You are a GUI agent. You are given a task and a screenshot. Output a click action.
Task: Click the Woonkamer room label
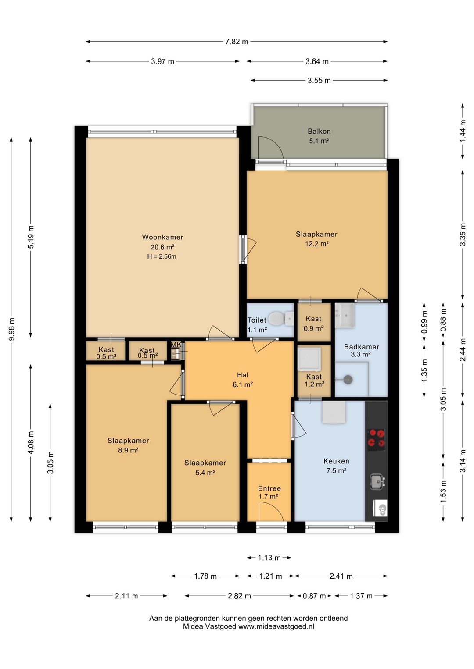[162, 237]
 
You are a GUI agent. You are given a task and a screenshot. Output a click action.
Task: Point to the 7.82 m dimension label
[237, 42]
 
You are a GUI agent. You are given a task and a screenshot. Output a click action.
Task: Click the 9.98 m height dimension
[11, 329]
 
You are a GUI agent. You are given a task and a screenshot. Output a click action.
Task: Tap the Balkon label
[319, 131]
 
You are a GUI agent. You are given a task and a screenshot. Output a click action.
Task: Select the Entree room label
[269, 488]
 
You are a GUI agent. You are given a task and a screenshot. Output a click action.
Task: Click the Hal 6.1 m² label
[243, 380]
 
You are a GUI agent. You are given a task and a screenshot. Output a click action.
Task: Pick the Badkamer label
[362, 347]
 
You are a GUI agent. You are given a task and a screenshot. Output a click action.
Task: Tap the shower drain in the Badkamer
[348, 380]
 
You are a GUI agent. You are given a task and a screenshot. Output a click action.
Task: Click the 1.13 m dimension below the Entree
[269, 558]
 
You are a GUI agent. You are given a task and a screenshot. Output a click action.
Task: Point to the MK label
[176, 345]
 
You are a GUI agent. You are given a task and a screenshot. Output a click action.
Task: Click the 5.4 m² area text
[205, 473]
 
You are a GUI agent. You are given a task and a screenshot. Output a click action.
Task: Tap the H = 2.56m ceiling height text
[162, 256]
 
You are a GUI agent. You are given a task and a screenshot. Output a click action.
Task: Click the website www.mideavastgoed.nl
[276, 626]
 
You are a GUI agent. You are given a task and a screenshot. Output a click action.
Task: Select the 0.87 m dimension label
[314, 596]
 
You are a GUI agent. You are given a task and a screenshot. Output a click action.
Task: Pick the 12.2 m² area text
[317, 244]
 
